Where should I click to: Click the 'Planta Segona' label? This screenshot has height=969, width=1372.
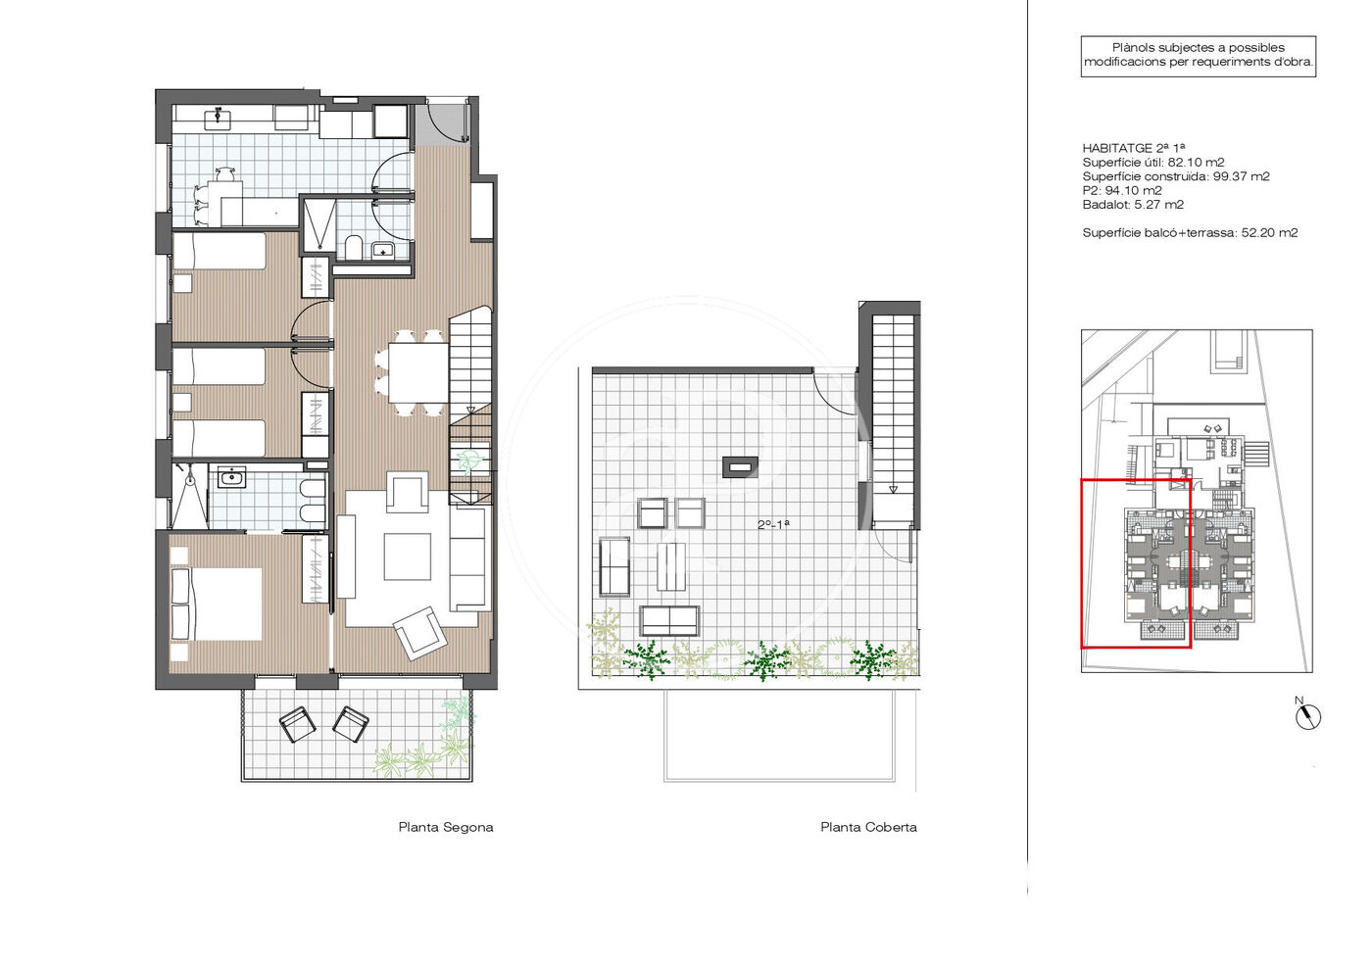pos(445,828)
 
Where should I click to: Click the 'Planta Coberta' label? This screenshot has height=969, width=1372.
pos(868,828)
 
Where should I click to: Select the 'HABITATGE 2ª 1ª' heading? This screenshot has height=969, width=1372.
pos(1133,148)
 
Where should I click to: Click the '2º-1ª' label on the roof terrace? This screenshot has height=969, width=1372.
pos(773,524)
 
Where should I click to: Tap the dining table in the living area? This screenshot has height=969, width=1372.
pos(418,372)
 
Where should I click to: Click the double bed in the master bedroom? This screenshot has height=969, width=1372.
pos(217,604)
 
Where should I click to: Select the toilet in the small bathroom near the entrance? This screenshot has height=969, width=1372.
pos(354,248)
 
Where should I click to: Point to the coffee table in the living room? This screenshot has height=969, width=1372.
pos(408,557)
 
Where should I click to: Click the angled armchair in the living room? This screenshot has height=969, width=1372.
pos(420,633)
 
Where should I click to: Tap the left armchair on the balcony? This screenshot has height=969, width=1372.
pos(298,724)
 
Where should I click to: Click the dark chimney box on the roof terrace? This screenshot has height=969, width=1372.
pos(741,467)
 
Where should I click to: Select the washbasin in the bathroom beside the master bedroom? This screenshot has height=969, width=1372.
pos(232,477)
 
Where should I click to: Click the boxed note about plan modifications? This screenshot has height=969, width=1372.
pos(1198,56)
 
